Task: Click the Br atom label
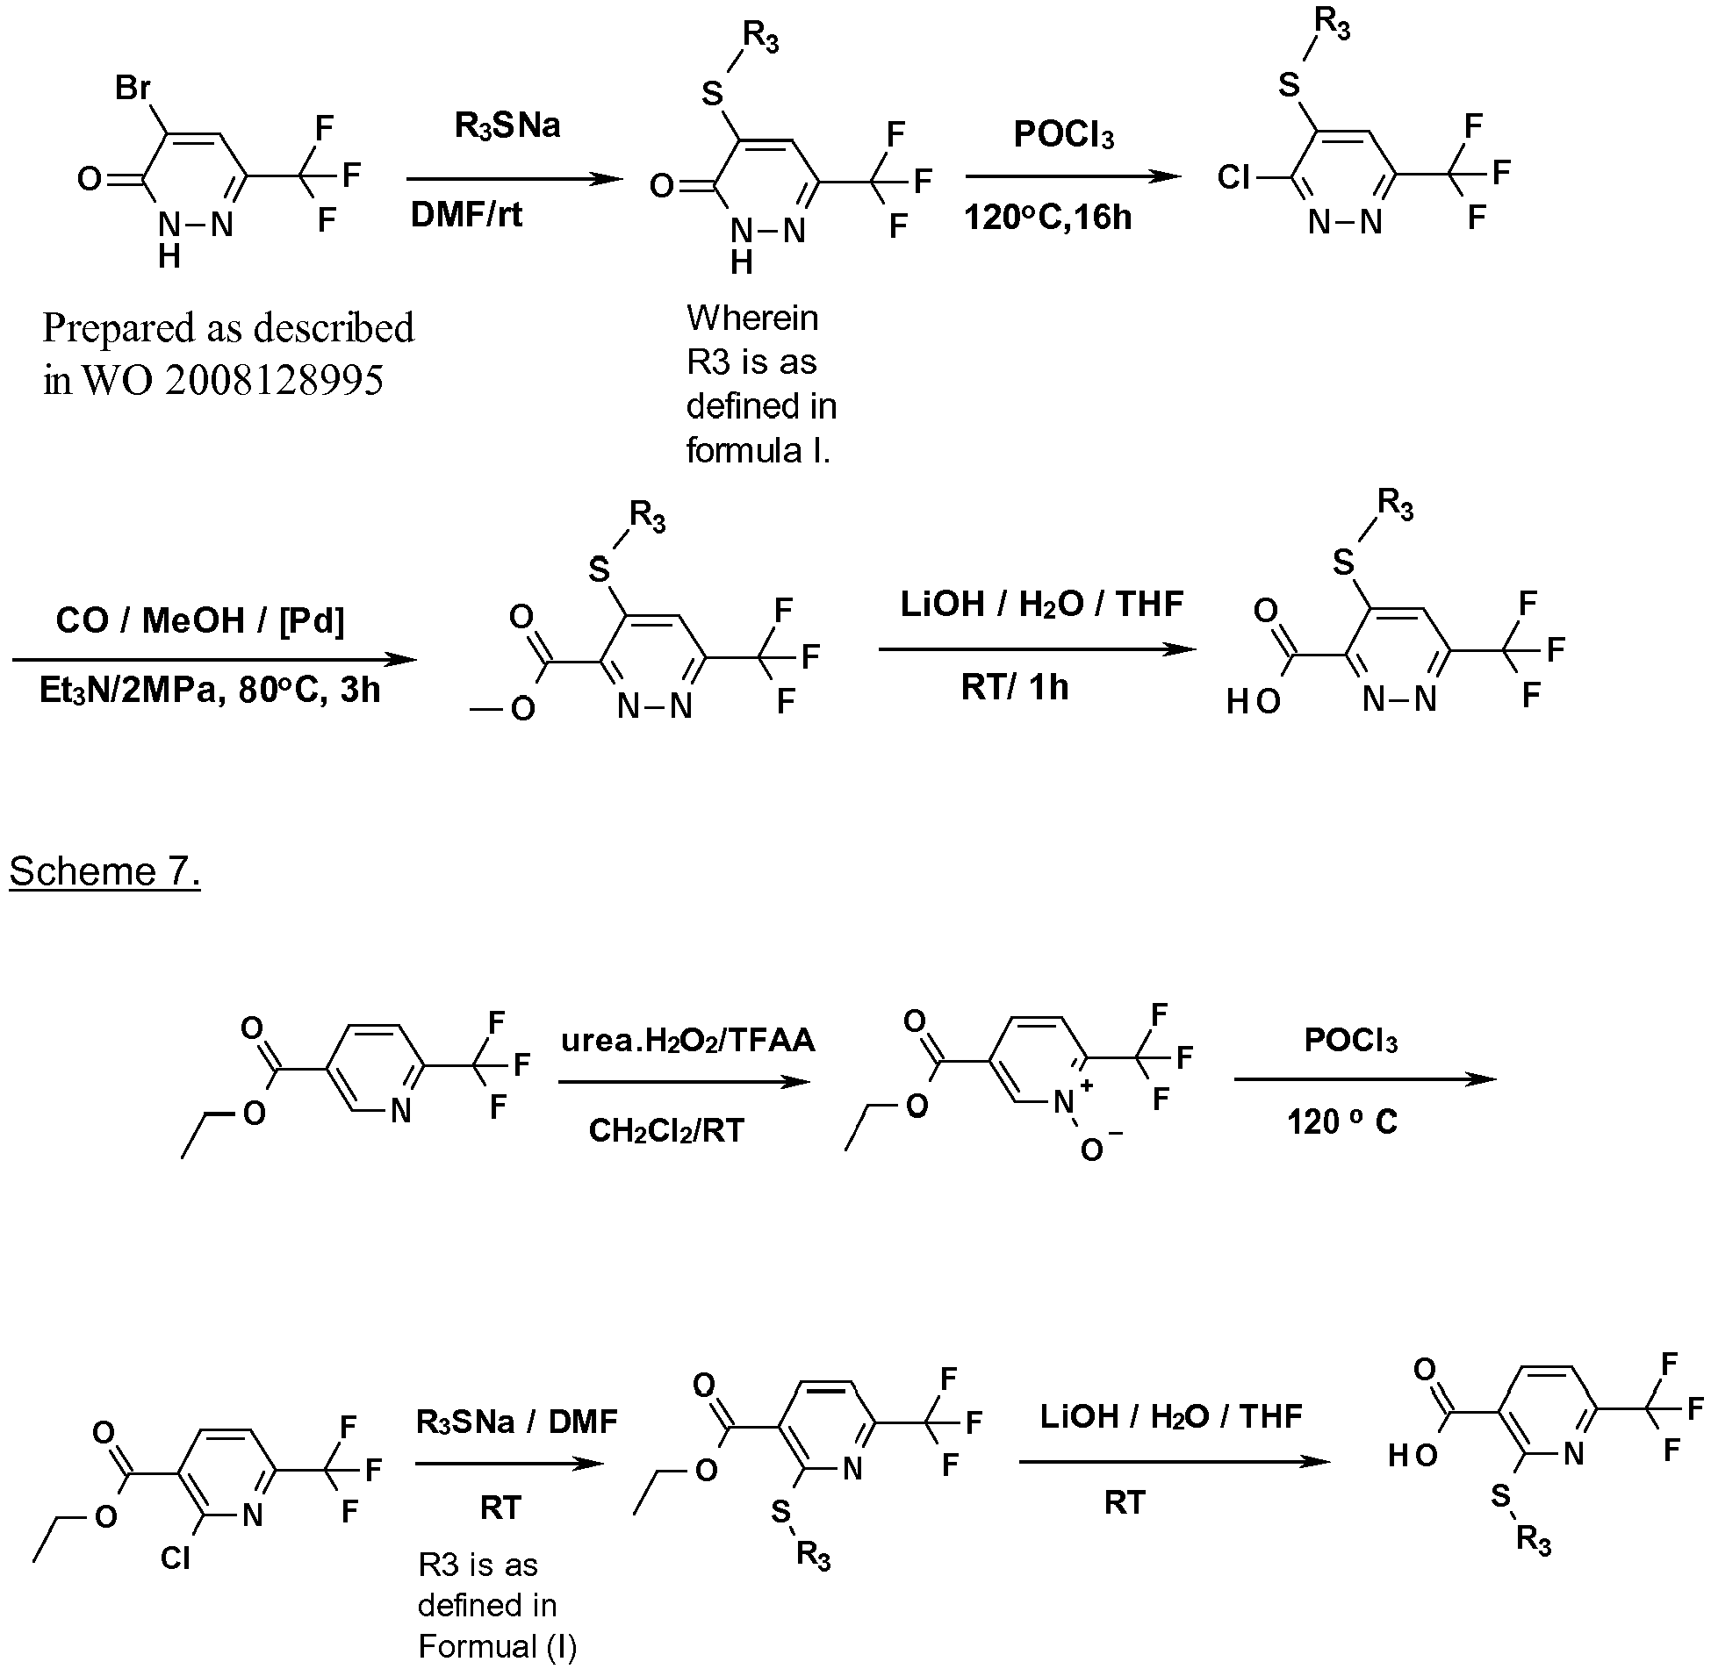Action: click(x=133, y=90)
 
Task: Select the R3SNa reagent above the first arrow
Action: click(x=507, y=126)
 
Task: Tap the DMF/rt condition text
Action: click(x=466, y=216)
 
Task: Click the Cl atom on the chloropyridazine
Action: click(x=1233, y=177)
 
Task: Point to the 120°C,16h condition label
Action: click(x=1048, y=218)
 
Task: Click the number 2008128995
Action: click(x=274, y=381)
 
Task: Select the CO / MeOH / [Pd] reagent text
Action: click(x=200, y=620)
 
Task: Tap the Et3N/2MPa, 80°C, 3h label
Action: click(x=210, y=690)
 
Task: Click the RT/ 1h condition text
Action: click(x=1015, y=687)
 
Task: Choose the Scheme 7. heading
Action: click(x=105, y=871)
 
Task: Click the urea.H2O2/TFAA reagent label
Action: click(x=688, y=1041)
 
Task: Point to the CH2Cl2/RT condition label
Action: click(x=666, y=1130)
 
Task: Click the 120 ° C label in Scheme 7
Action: click(x=1342, y=1122)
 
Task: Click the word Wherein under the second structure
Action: click(x=752, y=318)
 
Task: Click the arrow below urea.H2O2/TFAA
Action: click(x=685, y=1081)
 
